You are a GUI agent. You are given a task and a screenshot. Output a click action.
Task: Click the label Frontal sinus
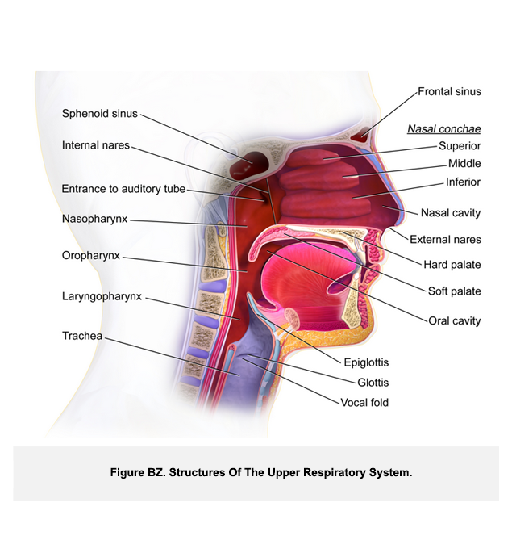tap(449, 91)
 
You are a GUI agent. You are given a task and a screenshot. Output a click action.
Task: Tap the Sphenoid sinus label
tap(100, 113)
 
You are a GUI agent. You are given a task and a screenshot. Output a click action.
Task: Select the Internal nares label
tap(95, 145)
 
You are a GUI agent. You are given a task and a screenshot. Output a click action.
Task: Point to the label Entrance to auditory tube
tap(123, 189)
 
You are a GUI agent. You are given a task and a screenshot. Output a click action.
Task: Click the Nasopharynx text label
tap(94, 219)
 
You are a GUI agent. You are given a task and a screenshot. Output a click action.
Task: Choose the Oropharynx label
tap(91, 255)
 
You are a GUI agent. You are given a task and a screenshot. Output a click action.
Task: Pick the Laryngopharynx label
tap(102, 296)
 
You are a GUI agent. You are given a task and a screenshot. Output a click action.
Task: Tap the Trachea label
tap(82, 335)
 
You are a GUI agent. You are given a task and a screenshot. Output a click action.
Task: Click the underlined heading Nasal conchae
tap(443, 128)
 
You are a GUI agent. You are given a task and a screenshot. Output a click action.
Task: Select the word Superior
tap(460, 146)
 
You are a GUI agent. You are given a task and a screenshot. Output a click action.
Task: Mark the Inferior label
tap(463, 182)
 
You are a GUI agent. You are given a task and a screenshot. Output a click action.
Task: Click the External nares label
tap(445, 239)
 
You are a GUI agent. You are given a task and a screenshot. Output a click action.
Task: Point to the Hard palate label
tap(452, 264)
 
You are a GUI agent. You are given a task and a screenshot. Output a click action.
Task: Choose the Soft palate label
tap(454, 291)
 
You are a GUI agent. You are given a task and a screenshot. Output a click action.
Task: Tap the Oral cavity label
tap(454, 320)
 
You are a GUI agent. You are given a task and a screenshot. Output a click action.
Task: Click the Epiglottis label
tap(365, 363)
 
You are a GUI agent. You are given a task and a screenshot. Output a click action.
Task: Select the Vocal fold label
tap(364, 402)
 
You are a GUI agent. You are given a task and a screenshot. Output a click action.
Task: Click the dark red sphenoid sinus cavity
tap(243, 167)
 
